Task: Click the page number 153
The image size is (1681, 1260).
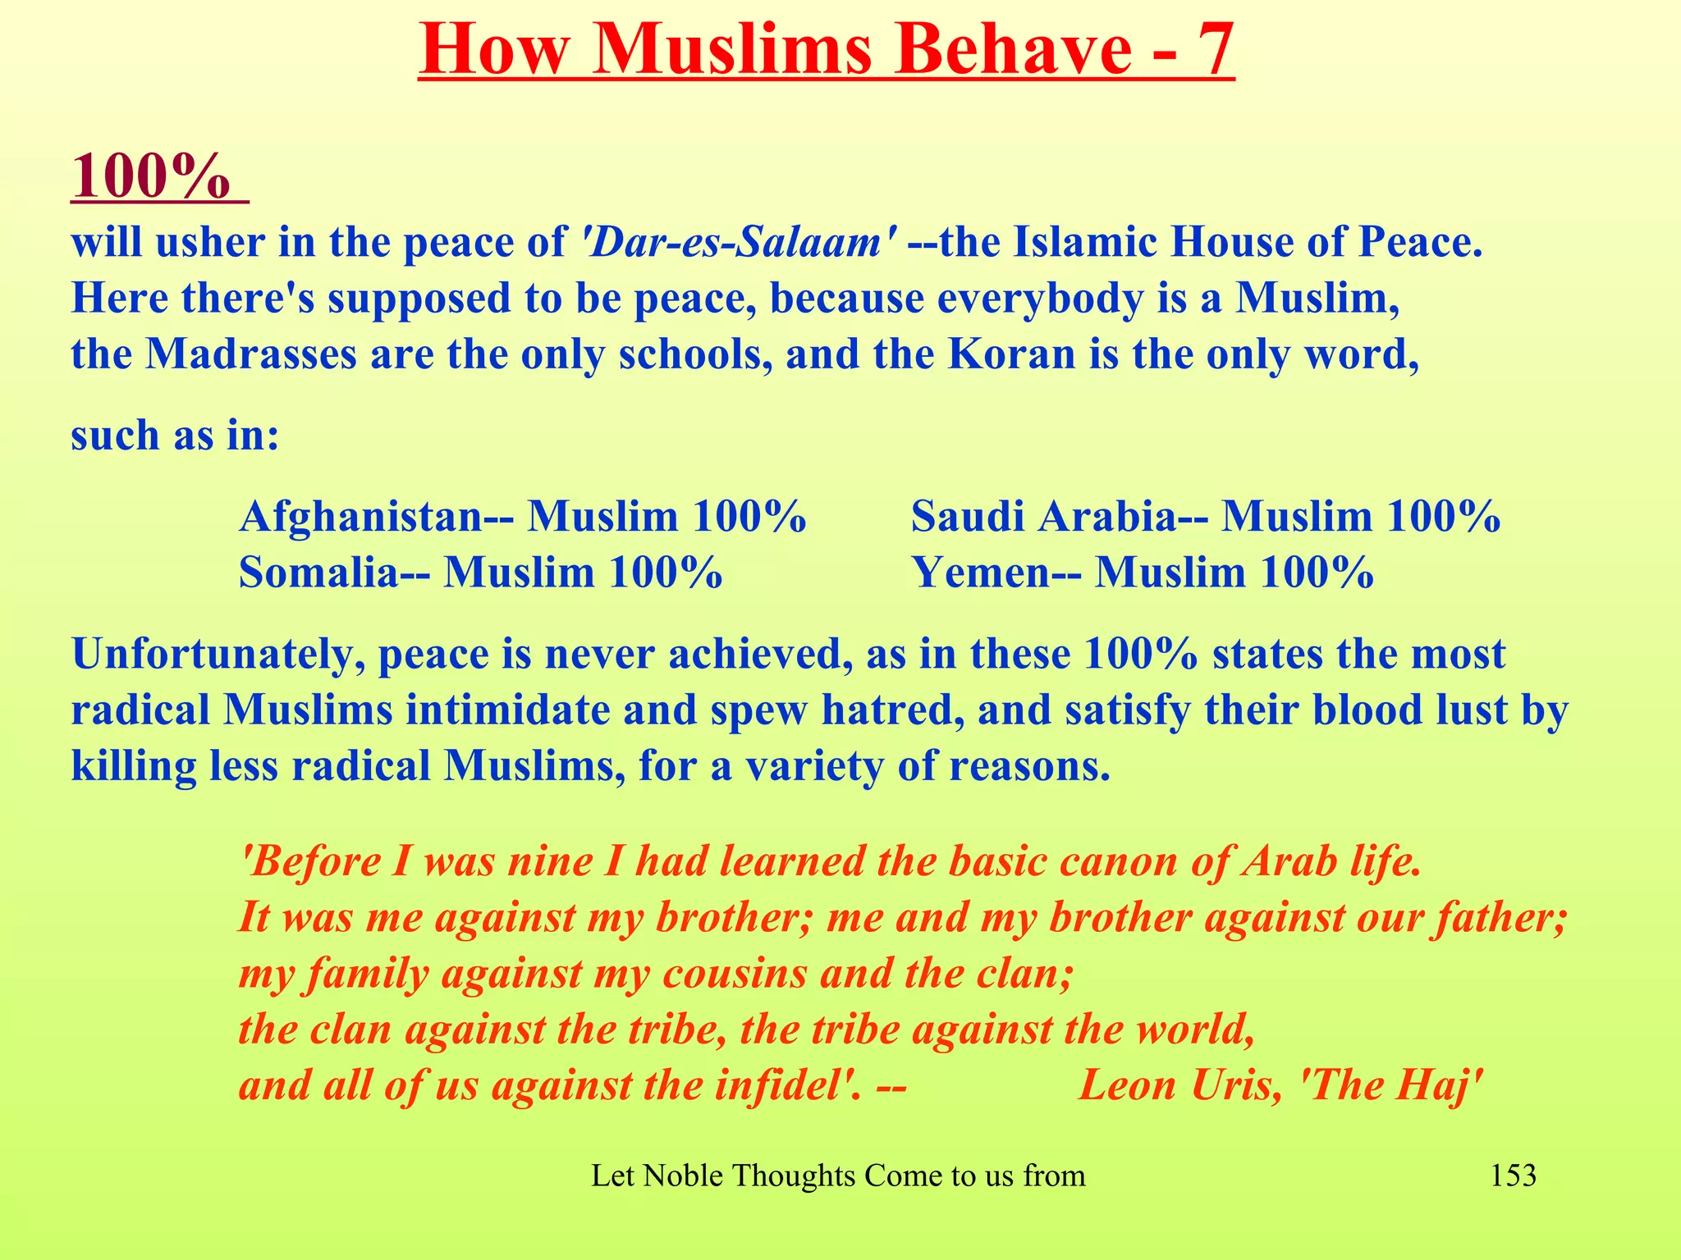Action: (1513, 1176)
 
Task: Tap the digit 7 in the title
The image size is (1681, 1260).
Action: (1208, 49)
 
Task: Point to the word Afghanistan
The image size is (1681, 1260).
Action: (360, 517)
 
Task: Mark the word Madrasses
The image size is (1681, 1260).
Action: (251, 354)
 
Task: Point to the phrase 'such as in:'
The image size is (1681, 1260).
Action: (175, 435)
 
